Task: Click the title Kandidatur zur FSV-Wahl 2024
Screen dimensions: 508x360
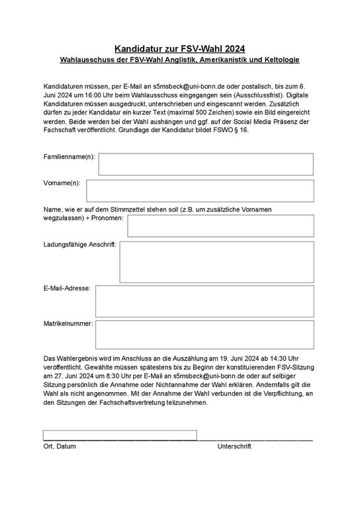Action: point(179,48)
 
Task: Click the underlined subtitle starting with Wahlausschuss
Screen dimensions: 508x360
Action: point(179,60)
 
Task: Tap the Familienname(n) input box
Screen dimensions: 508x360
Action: point(206,164)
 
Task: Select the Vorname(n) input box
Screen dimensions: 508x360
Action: point(206,190)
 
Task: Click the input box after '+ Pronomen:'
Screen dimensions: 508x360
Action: point(220,226)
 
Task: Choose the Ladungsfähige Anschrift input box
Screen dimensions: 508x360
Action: point(216,261)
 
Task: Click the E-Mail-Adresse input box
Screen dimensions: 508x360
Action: point(204,301)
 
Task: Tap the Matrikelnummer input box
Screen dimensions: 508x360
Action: point(204,335)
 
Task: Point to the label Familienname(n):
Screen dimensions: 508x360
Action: point(69,157)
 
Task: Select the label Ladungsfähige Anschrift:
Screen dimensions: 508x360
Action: point(80,245)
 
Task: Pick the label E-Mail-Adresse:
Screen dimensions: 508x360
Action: point(67,288)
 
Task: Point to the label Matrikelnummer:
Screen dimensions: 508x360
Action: point(68,324)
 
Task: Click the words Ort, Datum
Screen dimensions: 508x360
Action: point(60,446)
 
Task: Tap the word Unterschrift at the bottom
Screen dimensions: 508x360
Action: point(234,446)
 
